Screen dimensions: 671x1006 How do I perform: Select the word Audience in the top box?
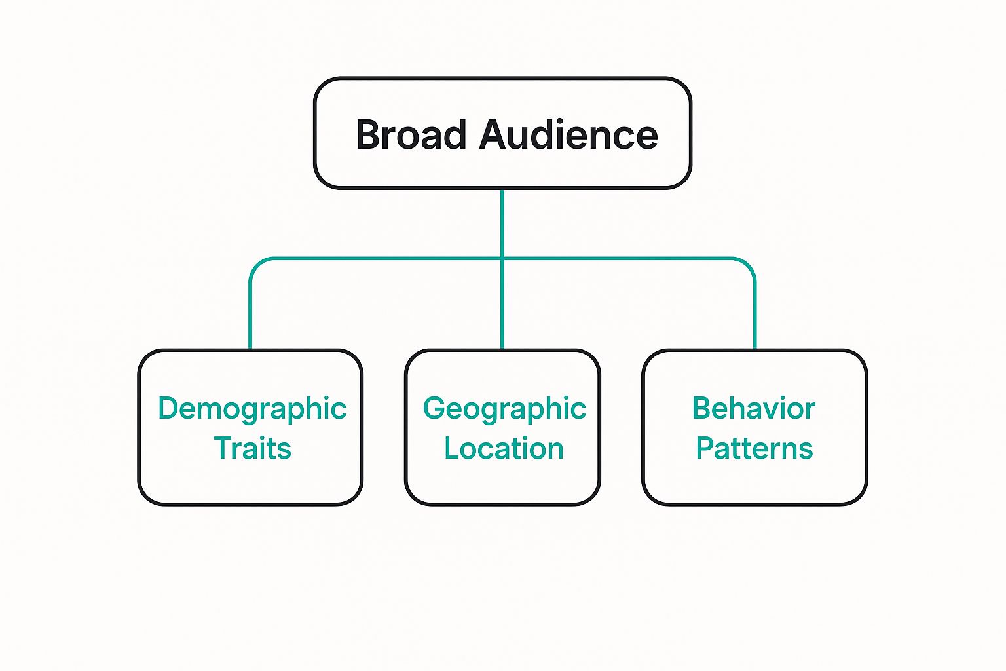point(568,135)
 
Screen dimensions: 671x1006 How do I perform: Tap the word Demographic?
point(252,409)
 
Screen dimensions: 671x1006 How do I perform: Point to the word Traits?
point(252,449)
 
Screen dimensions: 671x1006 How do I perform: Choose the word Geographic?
point(504,409)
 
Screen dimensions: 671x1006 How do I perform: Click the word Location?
point(504,449)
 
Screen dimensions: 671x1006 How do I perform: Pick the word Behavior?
point(753,409)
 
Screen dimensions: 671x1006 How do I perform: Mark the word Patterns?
point(754,449)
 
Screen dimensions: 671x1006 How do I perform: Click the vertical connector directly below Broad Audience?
point(502,223)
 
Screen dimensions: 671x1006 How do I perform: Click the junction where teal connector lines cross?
point(502,259)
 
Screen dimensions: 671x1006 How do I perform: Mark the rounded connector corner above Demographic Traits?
point(255,264)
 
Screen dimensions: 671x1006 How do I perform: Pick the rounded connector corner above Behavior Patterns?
point(749,264)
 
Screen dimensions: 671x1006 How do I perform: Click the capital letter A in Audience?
point(495,135)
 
